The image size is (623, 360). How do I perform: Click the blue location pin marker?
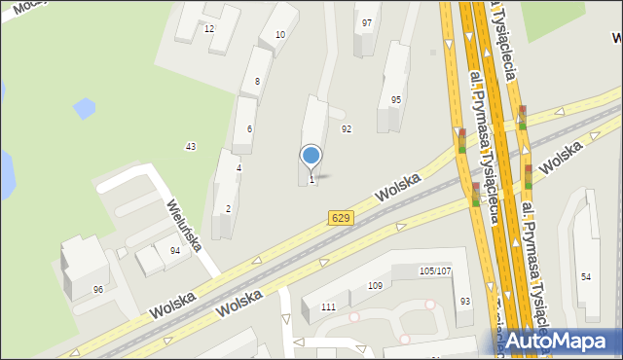click(311, 156)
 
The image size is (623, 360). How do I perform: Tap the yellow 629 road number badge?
click(340, 218)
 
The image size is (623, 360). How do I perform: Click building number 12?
click(208, 29)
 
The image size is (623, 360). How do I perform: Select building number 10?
click(280, 35)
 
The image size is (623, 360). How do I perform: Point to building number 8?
click(257, 82)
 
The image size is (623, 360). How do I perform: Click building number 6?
click(249, 129)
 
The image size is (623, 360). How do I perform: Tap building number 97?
click(367, 22)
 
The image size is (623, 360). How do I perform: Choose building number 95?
click(396, 100)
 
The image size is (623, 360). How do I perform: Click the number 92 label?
click(346, 128)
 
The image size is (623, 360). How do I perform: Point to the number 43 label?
click(191, 147)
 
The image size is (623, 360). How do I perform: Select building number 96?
click(98, 289)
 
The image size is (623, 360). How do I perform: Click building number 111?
click(328, 307)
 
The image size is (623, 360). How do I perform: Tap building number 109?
click(375, 286)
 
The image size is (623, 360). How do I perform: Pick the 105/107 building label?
click(434, 270)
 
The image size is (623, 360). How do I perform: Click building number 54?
click(586, 277)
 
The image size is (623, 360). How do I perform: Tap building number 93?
click(465, 302)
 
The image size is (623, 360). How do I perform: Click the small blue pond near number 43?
click(84, 107)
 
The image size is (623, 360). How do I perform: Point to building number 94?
click(174, 251)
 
